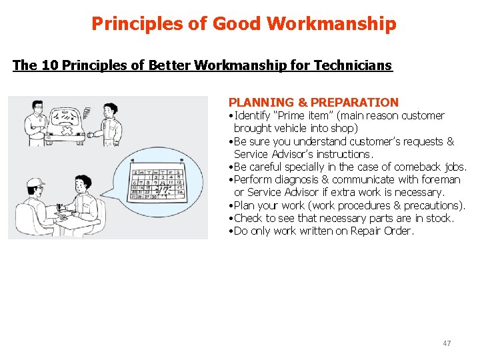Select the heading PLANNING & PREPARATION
point(313,103)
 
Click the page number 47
point(447,343)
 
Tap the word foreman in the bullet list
point(441,180)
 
